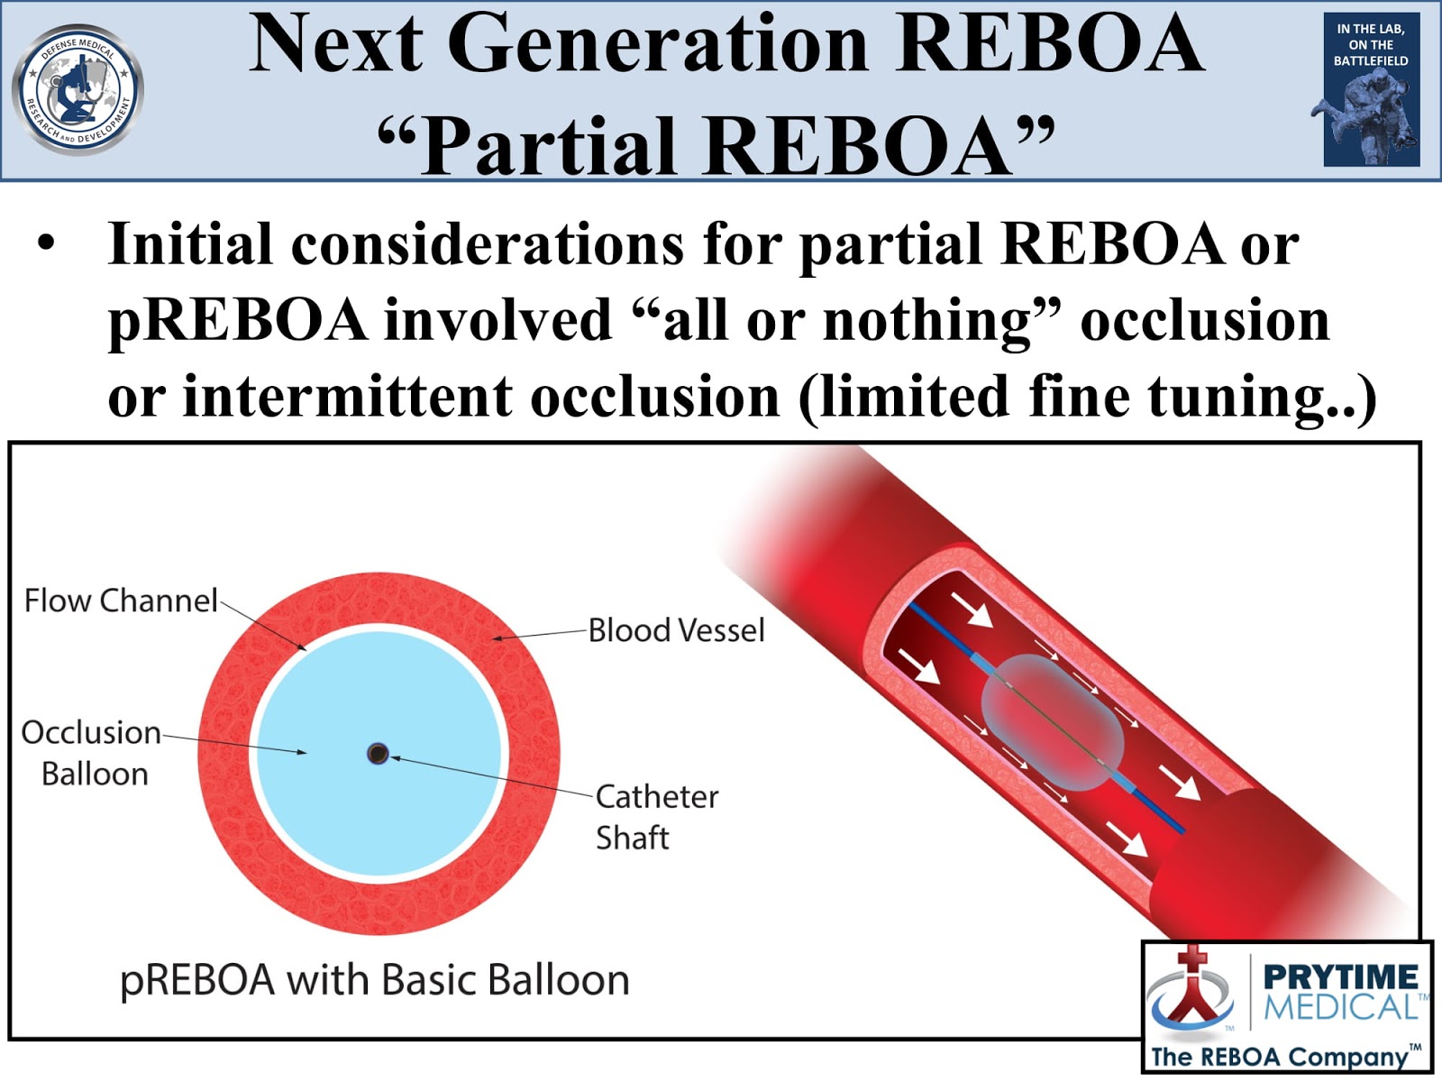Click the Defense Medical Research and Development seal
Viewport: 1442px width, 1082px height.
(78, 90)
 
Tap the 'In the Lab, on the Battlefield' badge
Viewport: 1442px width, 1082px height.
(1372, 89)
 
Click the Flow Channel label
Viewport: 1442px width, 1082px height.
(121, 601)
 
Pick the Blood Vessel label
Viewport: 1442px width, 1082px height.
(677, 630)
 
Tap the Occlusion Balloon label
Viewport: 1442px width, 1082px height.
(91, 753)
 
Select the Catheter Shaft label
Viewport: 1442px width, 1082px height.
(657, 817)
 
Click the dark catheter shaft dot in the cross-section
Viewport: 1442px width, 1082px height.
(378, 753)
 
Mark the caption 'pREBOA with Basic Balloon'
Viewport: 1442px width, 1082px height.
(374, 981)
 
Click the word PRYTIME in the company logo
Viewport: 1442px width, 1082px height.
(1340, 977)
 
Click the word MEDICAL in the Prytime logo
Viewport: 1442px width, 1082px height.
(1340, 1006)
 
